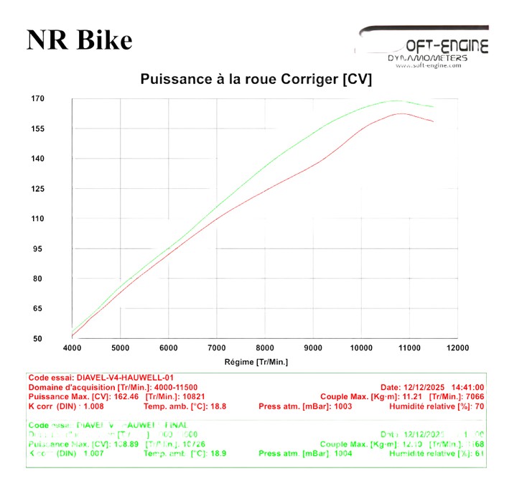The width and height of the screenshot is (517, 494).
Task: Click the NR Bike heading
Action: click(x=79, y=39)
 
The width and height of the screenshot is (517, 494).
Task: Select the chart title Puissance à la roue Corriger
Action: click(x=256, y=79)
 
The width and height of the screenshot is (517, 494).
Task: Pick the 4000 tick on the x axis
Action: click(x=73, y=348)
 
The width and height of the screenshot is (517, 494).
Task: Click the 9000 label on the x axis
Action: click(x=313, y=348)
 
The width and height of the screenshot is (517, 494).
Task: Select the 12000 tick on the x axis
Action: click(x=457, y=348)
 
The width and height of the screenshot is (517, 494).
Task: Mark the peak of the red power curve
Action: click(x=400, y=113)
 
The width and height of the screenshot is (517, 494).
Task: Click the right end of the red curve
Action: click(x=433, y=121)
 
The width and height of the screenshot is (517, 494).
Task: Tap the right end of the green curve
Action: click(x=433, y=107)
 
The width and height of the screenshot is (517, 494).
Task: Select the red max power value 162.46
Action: click(x=128, y=396)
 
